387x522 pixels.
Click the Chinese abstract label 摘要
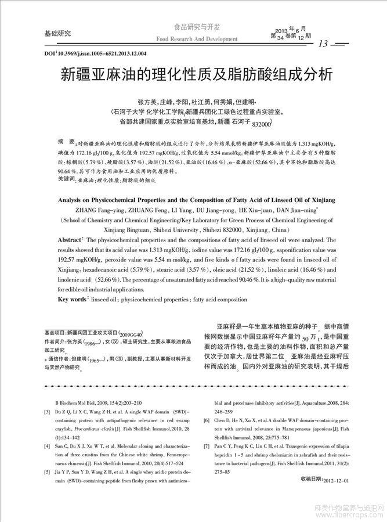66,142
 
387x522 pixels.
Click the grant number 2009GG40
131,334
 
